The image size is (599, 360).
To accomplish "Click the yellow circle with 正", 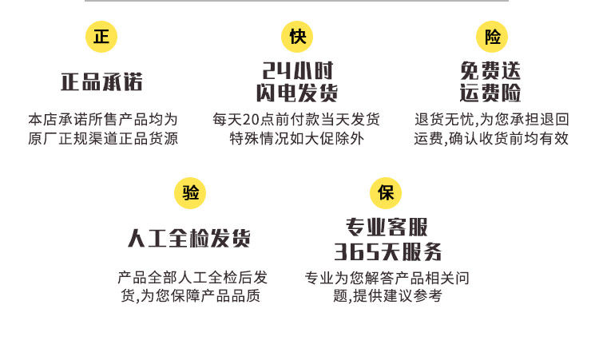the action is pos(101,37).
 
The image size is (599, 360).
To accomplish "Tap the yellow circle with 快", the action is pos(296,37).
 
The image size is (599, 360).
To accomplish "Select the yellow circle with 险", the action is pos(492,37).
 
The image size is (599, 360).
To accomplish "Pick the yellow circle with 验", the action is pos(190,193).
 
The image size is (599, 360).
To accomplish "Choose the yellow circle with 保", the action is pos(386,193).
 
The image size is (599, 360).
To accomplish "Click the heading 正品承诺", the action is pos(101,82).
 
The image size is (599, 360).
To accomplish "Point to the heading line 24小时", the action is pos(296,70).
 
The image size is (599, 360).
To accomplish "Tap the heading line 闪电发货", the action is pos(296,93).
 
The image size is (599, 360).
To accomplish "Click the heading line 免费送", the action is pos(491,70).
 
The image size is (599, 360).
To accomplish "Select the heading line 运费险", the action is pos(491,93).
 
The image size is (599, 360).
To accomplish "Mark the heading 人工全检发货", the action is pos(189,239).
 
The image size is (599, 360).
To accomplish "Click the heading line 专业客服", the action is pos(387,227).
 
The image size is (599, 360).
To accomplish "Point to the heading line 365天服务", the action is pos(387,252).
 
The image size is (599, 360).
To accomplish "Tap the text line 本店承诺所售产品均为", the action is pos(102,120).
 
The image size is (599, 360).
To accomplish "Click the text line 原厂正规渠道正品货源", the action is pos(102,138).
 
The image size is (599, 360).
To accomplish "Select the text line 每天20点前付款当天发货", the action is pos(296,120).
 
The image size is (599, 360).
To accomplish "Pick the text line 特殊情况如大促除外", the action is pos(296,138).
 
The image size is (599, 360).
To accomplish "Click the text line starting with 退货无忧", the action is pos(492,120).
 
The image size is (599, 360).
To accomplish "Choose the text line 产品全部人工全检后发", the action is pos(192,278).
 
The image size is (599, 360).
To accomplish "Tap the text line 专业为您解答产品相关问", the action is pos(387,278).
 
